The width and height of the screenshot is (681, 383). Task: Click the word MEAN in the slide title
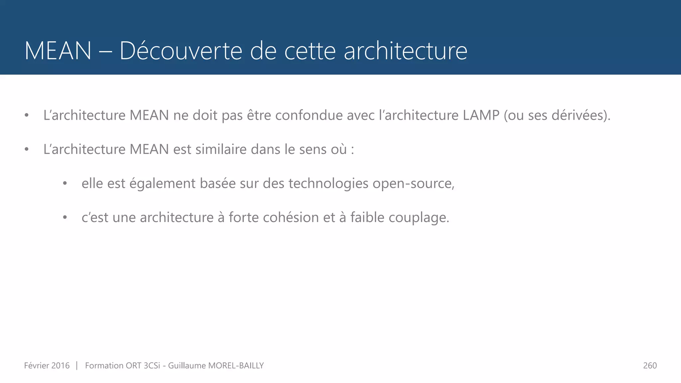tap(58, 51)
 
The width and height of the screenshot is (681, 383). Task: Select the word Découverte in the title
tap(181, 51)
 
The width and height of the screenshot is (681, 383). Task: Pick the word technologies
tap(328, 184)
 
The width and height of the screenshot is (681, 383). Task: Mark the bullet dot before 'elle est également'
tap(65, 184)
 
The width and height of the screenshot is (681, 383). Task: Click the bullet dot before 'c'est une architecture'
tap(65, 218)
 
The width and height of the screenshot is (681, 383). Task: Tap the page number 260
tap(650, 366)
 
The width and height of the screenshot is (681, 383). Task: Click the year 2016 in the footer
tap(61, 366)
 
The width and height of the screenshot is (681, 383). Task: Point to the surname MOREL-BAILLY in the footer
tap(236, 366)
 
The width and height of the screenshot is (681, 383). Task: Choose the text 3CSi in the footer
tap(152, 366)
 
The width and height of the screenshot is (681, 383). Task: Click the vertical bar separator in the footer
tap(77, 366)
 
